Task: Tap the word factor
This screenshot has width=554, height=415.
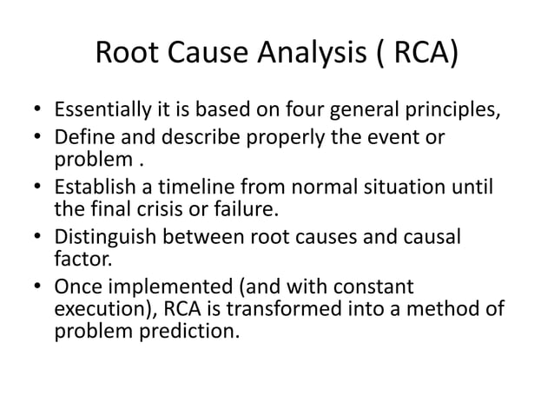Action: pos(79,258)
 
